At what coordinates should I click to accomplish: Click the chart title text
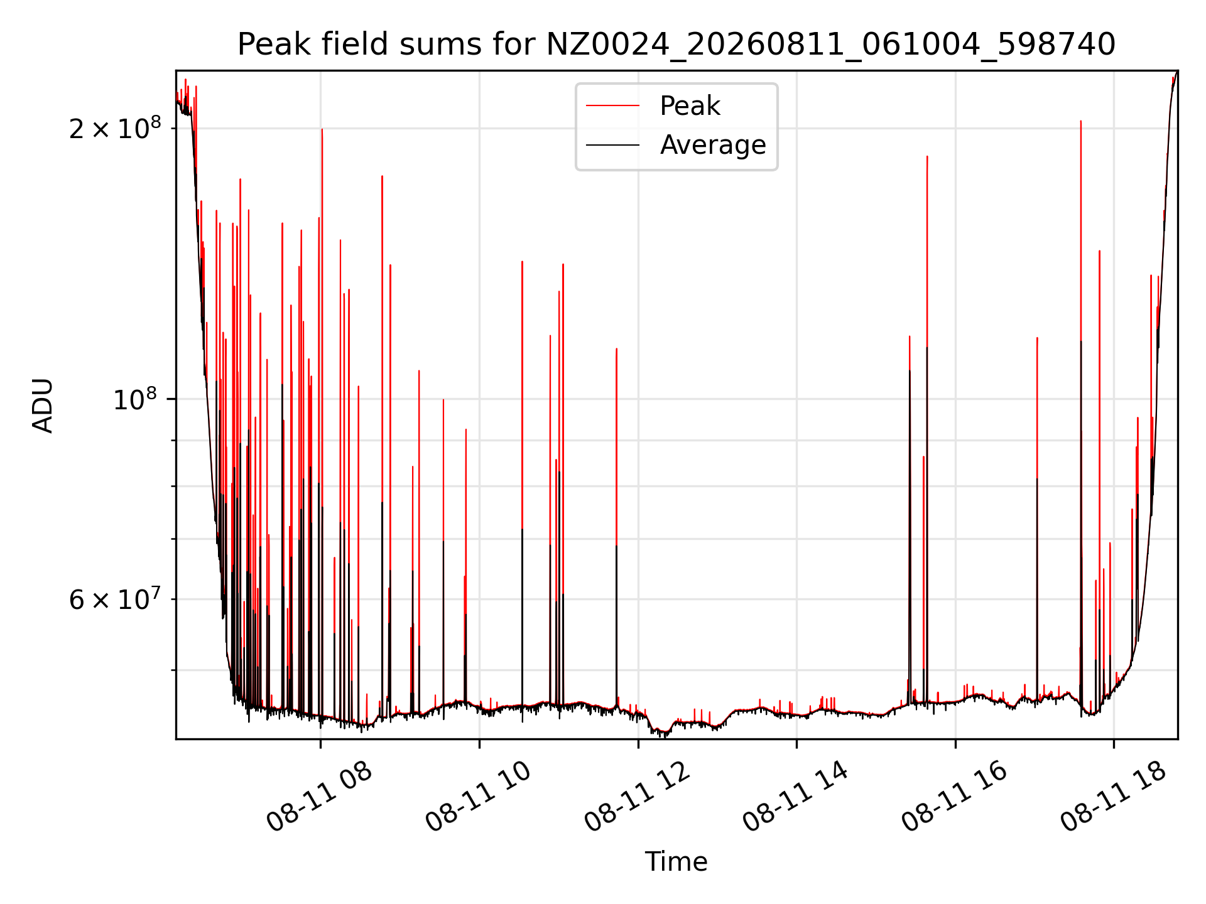click(x=676, y=45)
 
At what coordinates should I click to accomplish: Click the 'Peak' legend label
click(x=690, y=106)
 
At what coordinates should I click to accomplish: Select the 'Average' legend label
click(x=713, y=145)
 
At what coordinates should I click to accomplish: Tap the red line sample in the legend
click(x=613, y=106)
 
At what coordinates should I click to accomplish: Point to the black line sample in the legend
click(x=613, y=145)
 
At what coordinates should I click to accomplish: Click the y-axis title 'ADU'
click(x=43, y=405)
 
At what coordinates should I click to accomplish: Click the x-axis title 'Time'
click(x=676, y=861)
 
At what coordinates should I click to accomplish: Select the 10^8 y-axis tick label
click(x=137, y=399)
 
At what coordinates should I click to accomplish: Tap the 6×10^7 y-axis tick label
click(x=115, y=599)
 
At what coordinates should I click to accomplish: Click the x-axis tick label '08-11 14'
click(x=796, y=797)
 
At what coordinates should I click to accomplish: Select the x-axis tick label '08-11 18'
click(x=1114, y=797)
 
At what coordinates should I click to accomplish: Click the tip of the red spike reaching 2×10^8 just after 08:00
click(x=322, y=129)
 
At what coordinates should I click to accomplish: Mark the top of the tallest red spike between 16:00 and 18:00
click(x=1080, y=121)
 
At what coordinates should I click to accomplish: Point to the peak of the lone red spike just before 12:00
click(x=616, y=348)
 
